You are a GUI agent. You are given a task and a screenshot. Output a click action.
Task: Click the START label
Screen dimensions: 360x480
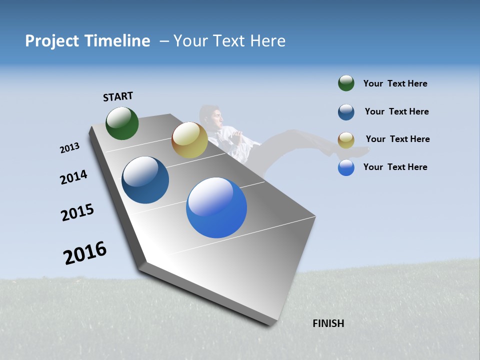[118, 96]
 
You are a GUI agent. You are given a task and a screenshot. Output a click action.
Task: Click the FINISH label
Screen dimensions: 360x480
[328, 323]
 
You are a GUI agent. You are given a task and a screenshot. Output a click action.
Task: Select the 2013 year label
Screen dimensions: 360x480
[69, 147]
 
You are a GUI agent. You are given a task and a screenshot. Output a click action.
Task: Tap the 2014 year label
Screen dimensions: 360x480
[73, 177]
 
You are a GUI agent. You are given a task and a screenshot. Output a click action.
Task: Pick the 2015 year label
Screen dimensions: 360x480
[77, 212]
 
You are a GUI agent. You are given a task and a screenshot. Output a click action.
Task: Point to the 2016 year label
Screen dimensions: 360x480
[85, 252]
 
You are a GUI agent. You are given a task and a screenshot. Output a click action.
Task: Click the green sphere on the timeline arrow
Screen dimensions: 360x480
[122, 123]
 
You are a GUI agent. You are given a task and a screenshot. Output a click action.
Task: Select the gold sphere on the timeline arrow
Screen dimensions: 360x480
[189, 140]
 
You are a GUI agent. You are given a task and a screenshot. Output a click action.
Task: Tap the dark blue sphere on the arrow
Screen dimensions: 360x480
[145, 180]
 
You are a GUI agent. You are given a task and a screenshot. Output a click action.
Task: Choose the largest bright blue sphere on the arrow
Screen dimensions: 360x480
[216, 207]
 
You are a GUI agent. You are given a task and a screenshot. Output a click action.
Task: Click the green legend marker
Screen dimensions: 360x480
[346, 83]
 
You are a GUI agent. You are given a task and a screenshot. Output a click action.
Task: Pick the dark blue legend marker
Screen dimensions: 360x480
[346, 112]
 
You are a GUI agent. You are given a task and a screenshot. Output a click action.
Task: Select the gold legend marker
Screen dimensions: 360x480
[346, 140]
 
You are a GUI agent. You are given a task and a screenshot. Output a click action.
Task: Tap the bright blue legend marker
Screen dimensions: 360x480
[346, 167]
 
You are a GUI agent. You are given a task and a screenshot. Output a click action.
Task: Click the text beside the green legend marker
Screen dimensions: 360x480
[395, 83]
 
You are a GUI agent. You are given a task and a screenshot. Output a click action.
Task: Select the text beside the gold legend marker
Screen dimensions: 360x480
[397, 139]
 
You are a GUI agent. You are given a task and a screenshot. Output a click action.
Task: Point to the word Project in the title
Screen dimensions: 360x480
[52, 40]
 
